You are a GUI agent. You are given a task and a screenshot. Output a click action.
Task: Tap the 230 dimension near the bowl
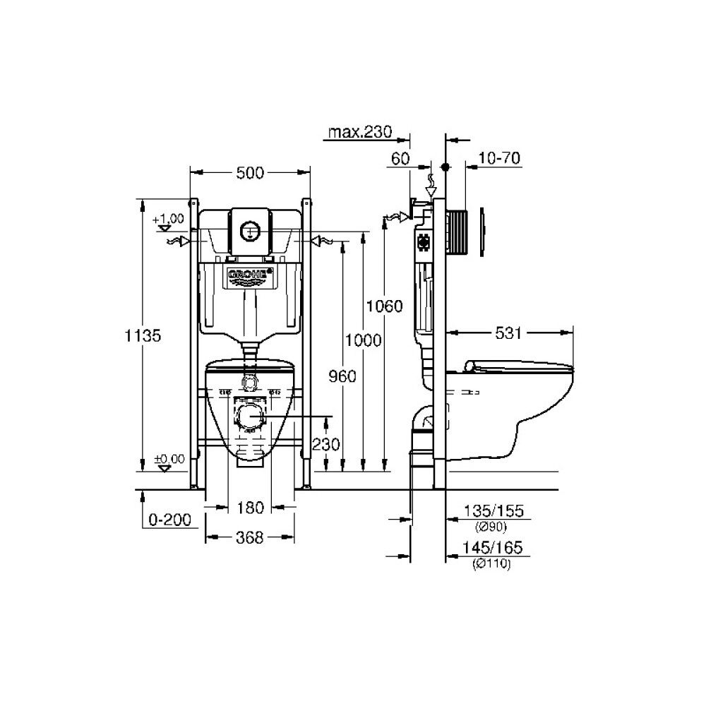click(326, 445)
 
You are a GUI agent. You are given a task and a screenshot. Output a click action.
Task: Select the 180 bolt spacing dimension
click(250, 507)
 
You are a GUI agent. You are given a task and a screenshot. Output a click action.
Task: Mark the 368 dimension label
click(250, 538)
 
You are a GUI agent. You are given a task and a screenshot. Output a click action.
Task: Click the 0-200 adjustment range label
click(170, 520)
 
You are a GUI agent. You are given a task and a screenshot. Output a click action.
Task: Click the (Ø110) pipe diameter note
click(492, 563)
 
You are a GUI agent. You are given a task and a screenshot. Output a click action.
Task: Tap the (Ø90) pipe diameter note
click(492, 526)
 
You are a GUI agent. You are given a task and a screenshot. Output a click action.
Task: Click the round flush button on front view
click(250, 229)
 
